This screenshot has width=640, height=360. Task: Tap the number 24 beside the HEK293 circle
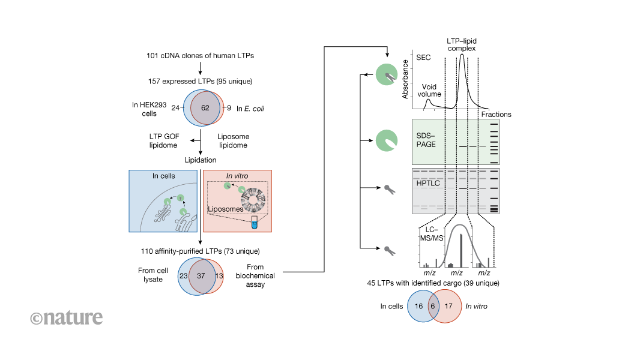[x=175, y=109]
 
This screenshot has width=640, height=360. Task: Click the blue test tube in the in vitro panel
[x=255, y=222]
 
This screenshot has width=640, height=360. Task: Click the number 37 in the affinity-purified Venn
[x=200, y=276]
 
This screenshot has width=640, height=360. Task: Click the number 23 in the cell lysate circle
[x=183, y=276]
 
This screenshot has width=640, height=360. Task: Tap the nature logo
[x=66, y=317]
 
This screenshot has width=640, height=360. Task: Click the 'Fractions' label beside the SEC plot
[x=496, y=114]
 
